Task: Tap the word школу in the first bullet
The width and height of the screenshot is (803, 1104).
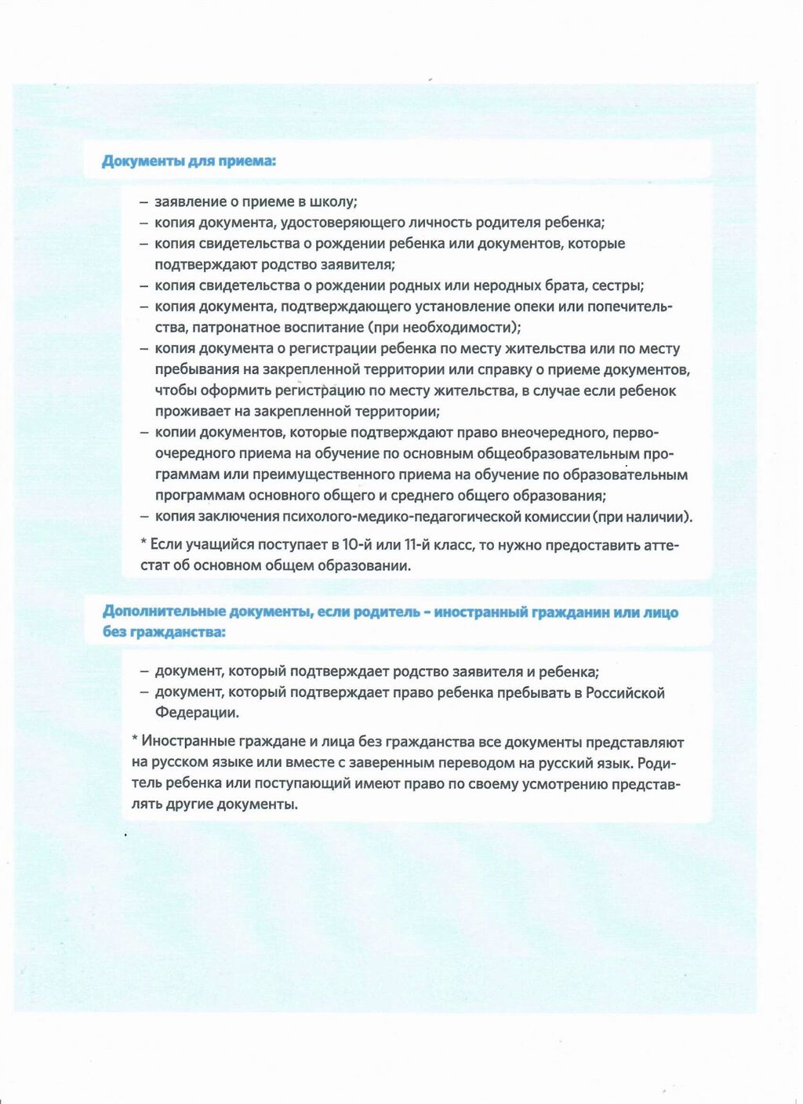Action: (333, 202)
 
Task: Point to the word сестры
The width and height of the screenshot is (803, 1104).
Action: (618, 285)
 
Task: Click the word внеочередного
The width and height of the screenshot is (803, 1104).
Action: (547, 433)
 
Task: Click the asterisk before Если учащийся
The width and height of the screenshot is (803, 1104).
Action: (144, 543)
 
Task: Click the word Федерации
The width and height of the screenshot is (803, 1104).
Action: (197, 713)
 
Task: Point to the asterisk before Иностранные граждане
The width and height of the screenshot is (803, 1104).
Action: (135, 741)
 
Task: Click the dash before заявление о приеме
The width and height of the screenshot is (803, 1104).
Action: (144, 202)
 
